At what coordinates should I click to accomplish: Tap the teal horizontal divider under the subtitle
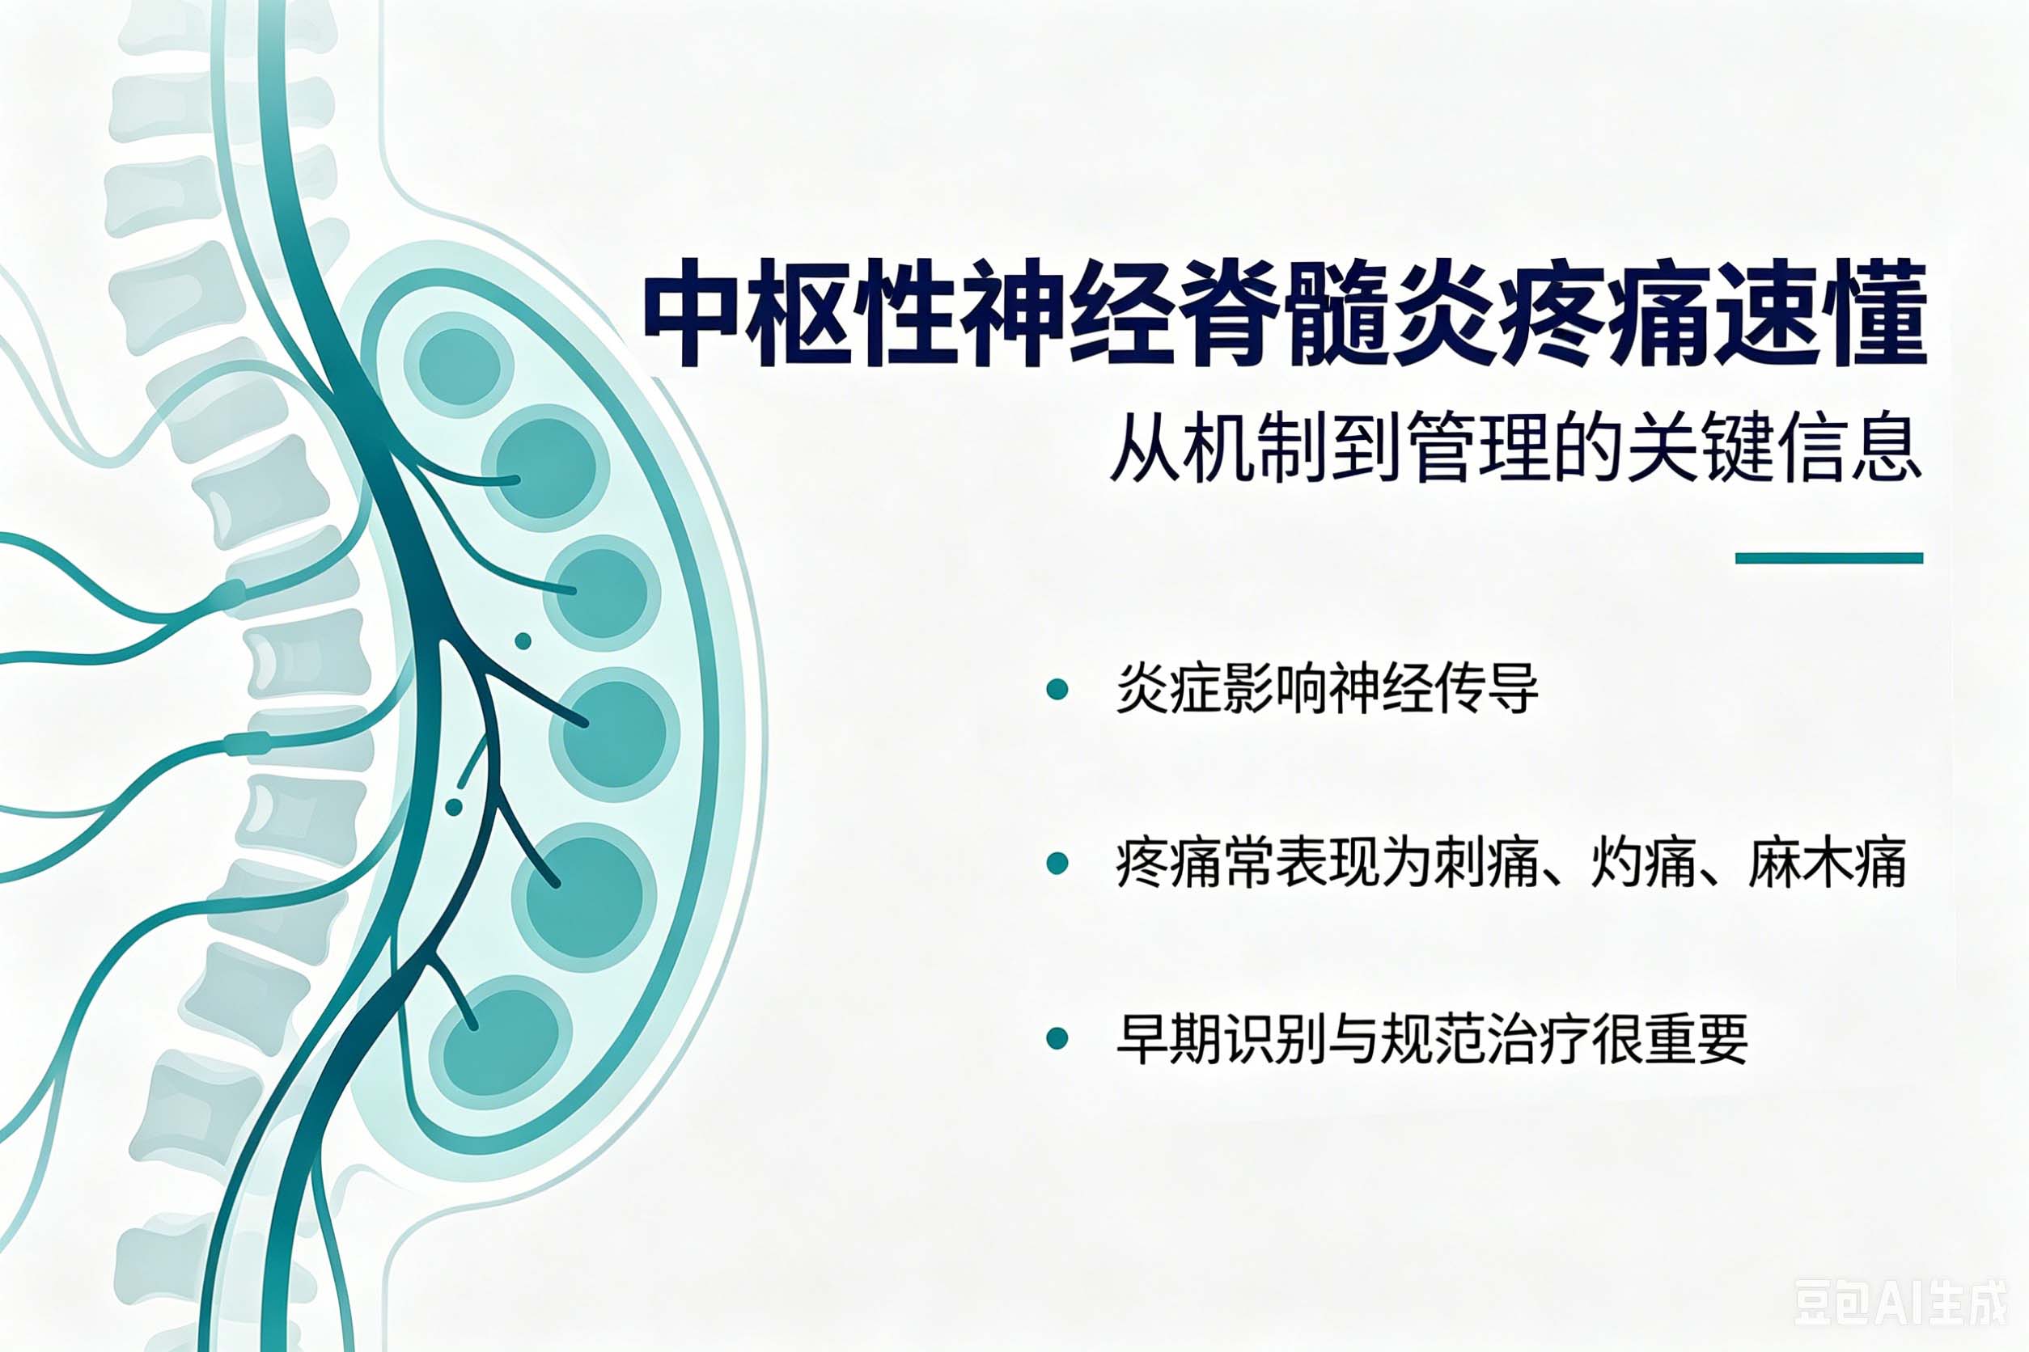click(x=1829, y=558)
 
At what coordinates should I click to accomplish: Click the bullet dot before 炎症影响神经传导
click(x=1057, y=689)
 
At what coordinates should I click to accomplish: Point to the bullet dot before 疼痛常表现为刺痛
click(x=1057, y=863)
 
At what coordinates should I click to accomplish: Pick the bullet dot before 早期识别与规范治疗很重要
click(x=1057, y=1038)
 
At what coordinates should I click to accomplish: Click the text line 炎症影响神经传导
click(x=1327, y=689)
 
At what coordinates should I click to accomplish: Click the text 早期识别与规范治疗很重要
click(x=1432, y=1038)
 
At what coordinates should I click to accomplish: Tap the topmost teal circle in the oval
click(x=459, y=364)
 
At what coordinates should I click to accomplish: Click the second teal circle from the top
click(x=545, y=468)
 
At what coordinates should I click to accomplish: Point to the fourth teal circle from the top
click(x=614, y=733)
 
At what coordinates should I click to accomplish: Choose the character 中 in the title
click(x=692, y=313)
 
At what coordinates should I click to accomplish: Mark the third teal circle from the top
click(x=601, y=594)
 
